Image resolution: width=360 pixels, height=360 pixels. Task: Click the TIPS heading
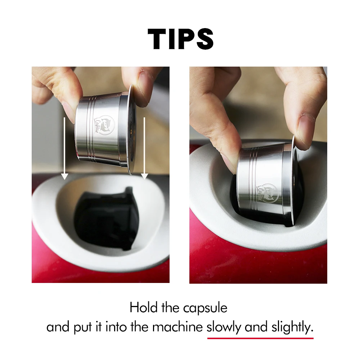click(x=180, y=39)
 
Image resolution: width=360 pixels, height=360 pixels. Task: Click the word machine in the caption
click(x=177, y=327)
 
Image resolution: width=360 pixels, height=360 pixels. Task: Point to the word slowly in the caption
click(x=224, y=327)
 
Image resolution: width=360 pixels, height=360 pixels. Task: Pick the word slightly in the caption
click(x=292, y=327)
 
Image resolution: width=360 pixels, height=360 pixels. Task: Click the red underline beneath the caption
click(x=260, y=338)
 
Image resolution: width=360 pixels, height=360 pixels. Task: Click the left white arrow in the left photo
click(x=64, y=148)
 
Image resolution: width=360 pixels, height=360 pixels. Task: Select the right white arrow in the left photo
click(x=144, y=148)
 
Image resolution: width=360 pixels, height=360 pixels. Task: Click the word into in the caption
click(x=116, y=327)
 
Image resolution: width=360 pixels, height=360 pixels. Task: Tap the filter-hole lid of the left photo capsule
click(x=132, y=130)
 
